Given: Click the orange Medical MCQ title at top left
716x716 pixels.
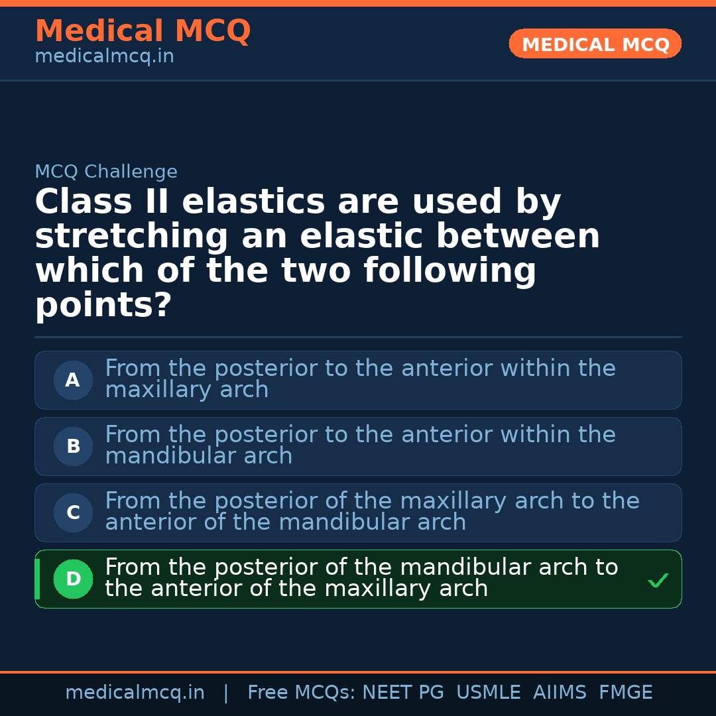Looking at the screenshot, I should [x=143, y=31].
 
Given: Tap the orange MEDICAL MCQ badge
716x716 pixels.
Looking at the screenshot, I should [x=595, y=44].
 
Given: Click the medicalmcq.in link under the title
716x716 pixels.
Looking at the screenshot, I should [x=104, y=56].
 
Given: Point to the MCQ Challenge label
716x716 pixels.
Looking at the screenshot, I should [x=106, y=172].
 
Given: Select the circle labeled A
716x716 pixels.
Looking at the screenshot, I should [x=73, y=381].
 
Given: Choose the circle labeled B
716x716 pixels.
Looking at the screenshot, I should [x=73, y=447].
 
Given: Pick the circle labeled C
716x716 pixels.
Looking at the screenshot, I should [x=73, y=513].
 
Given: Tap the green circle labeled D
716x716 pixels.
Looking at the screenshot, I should [x=73, y=579].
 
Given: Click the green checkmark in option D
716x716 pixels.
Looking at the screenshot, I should [x=658, y=581].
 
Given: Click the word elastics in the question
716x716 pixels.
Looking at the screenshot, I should [x=253, y=202].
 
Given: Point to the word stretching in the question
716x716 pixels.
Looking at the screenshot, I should [x=131, y=237].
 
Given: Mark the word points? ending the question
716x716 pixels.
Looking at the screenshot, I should [x=103, y=306].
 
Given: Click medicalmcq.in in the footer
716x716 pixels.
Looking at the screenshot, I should [x=135, y=693].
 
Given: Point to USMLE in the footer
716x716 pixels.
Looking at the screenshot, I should [x=489, y=693].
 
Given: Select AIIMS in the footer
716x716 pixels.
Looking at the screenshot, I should [x=560, y=693].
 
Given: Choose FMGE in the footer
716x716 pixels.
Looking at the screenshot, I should [x=626, y=693].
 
